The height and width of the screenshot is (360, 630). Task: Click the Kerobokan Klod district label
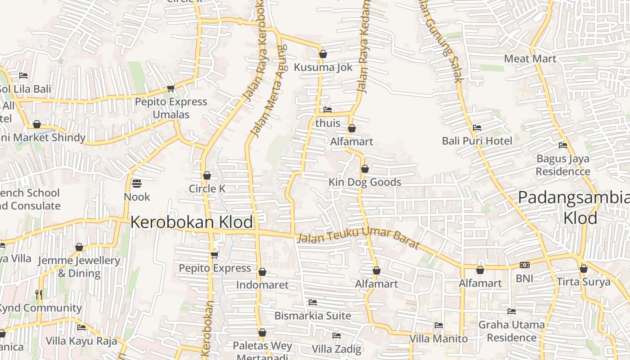192,222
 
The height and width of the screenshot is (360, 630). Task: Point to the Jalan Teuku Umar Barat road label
358,240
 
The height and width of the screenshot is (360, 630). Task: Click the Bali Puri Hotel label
477,141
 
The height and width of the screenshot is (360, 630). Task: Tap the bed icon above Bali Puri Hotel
477,128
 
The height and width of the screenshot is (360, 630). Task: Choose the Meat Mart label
530,58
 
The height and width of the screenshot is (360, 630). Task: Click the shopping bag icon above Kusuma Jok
323,54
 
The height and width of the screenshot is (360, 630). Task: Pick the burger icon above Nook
137,184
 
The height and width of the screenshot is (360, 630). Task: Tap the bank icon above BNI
524,265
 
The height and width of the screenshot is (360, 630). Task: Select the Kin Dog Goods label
364,182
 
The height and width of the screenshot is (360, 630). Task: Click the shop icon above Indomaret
262,272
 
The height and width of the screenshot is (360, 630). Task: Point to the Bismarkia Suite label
313,315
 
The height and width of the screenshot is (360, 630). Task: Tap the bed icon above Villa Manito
439,325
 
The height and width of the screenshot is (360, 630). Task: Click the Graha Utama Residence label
511,331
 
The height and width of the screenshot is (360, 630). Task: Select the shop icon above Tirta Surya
584,269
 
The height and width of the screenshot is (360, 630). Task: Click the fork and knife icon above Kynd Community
39,295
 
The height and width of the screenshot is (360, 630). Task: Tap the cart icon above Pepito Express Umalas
171,89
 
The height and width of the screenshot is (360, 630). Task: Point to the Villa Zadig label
337,349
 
